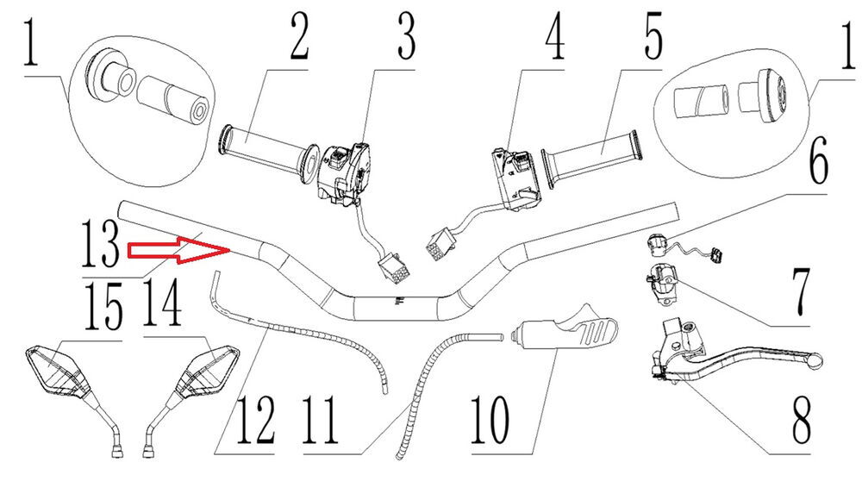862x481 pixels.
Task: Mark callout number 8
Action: [x=800, y=416]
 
